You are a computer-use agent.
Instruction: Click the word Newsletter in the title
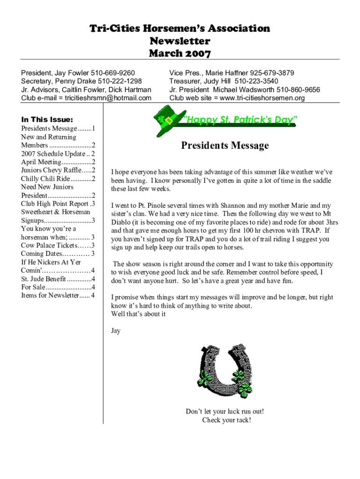[x=180, y=41]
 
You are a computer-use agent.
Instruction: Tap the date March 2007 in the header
[x=180, y=53]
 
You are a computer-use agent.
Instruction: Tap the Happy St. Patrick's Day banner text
[x=239, y=120]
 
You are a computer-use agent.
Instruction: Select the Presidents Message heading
[x=225, y=145]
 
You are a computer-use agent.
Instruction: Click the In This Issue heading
[x=47, y=120]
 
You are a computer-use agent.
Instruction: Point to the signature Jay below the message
[x=115, y=331]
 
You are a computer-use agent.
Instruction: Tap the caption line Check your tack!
[x=226, y=420]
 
